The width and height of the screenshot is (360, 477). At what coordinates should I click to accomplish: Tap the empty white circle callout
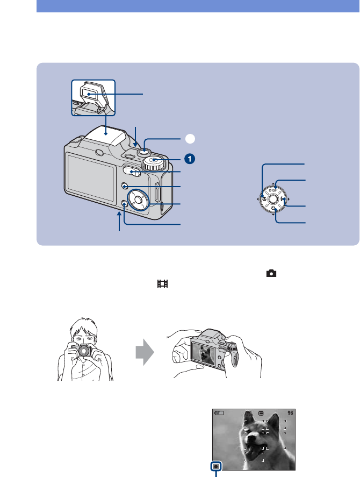coord(189,138)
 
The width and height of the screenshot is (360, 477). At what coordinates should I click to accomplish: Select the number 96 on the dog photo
coord(291,414)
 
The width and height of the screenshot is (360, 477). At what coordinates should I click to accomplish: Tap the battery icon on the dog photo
coord(218,414)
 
